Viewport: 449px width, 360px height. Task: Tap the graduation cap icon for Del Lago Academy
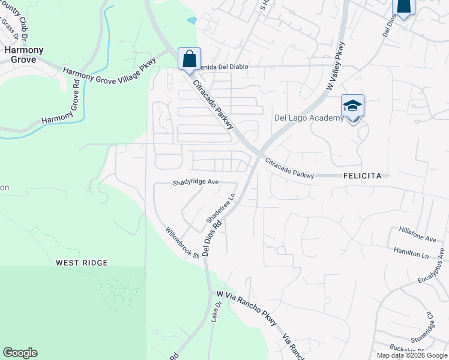[352, 106]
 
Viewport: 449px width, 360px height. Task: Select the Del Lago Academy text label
[309, 118]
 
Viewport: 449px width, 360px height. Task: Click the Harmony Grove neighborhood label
[20, 55]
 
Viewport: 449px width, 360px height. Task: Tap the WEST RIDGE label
[82, 263]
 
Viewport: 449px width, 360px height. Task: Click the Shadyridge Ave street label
[195, 182]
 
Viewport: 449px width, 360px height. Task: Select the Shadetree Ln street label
[219, 206]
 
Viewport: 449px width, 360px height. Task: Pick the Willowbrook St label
[182, 243]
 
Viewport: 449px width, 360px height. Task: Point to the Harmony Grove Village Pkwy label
[110, 67]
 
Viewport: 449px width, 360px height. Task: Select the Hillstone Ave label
[418, 235]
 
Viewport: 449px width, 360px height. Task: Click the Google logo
[20, 353]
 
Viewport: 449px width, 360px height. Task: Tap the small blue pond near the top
[191, 20]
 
